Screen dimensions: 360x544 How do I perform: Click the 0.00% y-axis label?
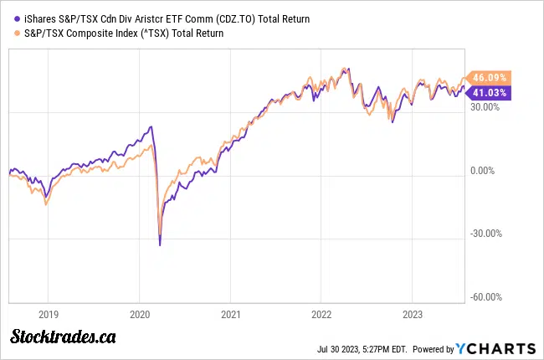pos(485,171)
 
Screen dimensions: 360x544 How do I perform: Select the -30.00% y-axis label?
pos(482,234)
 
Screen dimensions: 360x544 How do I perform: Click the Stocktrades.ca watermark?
pos(63,337)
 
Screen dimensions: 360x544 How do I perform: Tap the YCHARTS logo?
pos(496,347)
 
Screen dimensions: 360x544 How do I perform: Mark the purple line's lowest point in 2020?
pos(161,245)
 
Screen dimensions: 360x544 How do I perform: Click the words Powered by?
pos(433,348)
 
